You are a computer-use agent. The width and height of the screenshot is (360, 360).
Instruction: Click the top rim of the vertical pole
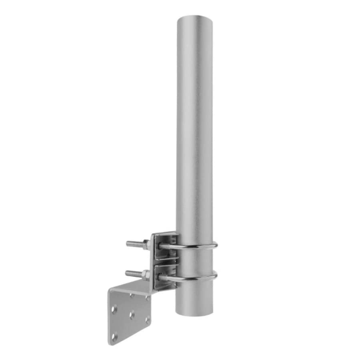tap(194, 16)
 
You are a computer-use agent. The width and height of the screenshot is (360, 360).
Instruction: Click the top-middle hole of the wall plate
tap(131, 296)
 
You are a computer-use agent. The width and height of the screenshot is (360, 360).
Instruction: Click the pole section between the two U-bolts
tap(194, 261)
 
